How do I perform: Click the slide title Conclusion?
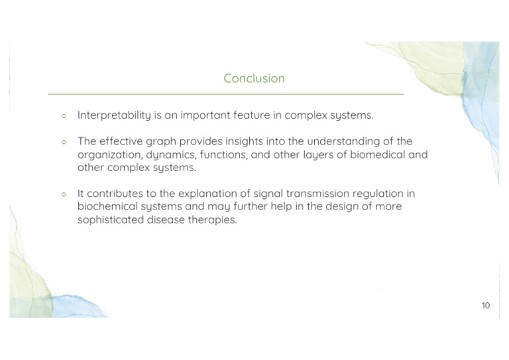point(254,78)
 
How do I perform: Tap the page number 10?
point(486,306)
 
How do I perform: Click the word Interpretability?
point(114,115)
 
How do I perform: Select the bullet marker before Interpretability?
point(64,116)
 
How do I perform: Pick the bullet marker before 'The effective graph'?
point(64,142)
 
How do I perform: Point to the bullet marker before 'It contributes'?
point(64,194)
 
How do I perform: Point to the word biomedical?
point(378,154)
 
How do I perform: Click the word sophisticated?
point(111,219)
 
